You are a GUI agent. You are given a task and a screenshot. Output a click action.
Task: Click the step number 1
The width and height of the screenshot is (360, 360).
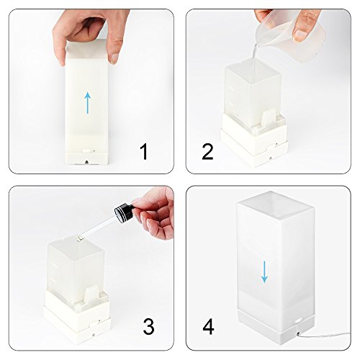[144, 152]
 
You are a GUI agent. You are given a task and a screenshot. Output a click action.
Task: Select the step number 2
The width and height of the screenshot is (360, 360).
[207, 152]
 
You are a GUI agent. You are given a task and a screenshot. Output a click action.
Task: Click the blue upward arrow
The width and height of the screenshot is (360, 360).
[88, 103]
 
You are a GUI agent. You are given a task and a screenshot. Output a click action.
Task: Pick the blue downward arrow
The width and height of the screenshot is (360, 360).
[264, 271]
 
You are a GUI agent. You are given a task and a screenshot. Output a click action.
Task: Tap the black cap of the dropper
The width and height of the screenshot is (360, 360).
[123, 212]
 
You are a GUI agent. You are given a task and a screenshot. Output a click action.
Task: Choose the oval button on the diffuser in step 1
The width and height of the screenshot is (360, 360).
[86, 151]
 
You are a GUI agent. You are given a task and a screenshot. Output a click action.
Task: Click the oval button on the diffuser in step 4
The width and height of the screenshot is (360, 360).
[299, 320]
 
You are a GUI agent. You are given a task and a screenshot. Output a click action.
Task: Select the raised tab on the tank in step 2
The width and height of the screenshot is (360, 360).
[269, 117]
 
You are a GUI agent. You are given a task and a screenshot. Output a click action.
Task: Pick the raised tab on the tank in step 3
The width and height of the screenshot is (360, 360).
[92, 294]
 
